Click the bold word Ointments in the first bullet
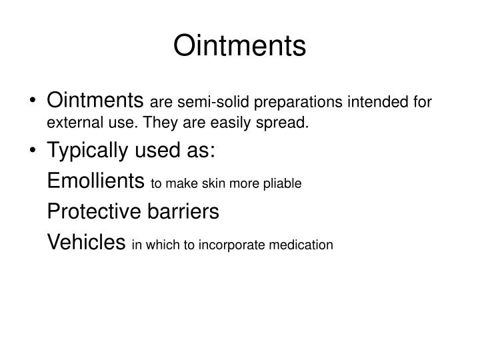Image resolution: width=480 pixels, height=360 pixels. pyautogui.click(x=96, y=101)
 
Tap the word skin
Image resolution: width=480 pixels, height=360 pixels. pyautogui.click(x=213, y=183)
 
